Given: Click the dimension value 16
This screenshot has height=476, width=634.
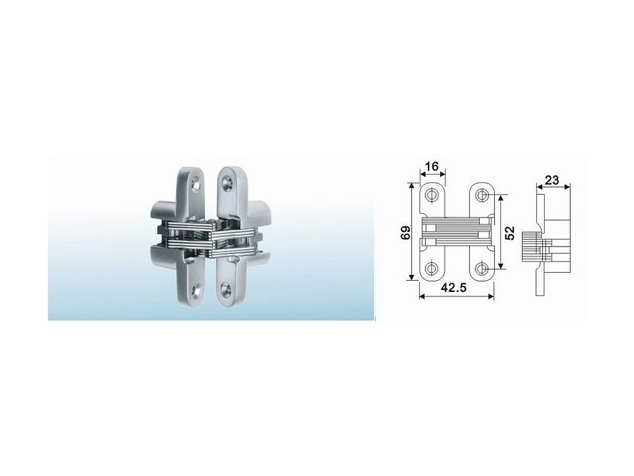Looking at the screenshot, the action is (x=432, y=166).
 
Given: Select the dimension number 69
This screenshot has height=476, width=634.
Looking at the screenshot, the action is (x=406, y=232).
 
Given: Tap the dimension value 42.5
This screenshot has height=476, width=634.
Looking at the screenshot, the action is (x=454, y=288).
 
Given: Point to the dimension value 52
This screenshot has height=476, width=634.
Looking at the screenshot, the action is (x=510, y=233).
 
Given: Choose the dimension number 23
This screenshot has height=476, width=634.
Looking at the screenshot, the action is (x=552, y=180).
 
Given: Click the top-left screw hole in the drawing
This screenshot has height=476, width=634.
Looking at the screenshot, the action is (x=432, y=195).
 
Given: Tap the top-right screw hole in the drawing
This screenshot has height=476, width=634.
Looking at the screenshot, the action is (x=481, y=195).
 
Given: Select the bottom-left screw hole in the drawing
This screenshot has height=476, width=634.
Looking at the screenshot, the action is (x=432, y=268).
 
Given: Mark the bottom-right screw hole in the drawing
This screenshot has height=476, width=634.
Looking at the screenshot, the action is (x=481, y=268).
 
